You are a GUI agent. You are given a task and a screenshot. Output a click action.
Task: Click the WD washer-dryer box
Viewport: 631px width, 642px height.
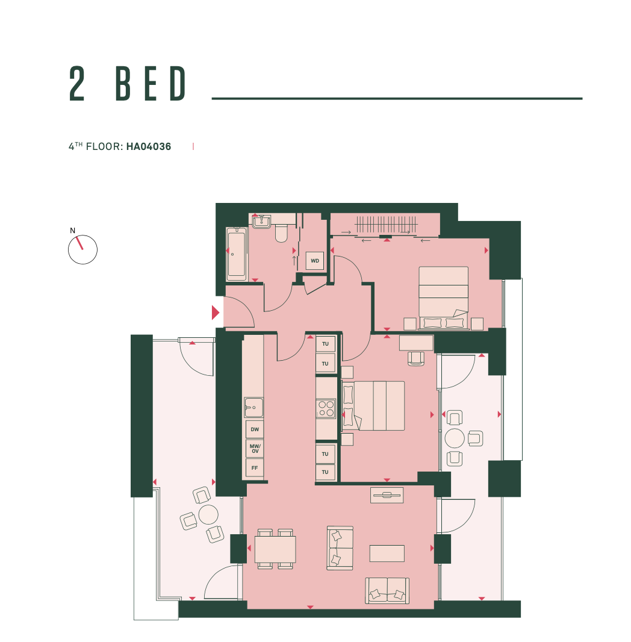click(x=315, y=261)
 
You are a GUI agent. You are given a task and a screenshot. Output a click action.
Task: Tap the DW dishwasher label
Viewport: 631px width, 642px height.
click(x=255, y=429)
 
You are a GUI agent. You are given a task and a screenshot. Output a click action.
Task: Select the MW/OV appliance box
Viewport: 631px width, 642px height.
click(x=255, y=449)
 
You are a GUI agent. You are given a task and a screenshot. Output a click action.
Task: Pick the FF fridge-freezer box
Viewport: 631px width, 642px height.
click(x=255, y=468)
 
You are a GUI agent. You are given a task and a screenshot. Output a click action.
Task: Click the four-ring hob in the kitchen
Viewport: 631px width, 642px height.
click(x=326, y=408)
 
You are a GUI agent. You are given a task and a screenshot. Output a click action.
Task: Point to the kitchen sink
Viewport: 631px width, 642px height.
click(x=253, y=407)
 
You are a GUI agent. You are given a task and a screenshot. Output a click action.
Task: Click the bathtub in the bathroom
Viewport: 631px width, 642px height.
click(x=237, y=254)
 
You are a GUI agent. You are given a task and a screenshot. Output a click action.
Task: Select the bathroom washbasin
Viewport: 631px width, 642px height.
click(x=261, y=222)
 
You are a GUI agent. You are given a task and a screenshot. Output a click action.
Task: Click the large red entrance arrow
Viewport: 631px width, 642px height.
click(x=215, y=313)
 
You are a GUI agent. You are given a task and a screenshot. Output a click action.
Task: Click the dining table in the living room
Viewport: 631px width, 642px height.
click(x=275, y=549)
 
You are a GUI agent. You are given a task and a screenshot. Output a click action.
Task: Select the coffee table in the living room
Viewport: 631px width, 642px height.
click(x=387, y=553)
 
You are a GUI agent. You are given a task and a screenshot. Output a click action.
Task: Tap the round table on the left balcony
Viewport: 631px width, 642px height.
click(x=208, y=515)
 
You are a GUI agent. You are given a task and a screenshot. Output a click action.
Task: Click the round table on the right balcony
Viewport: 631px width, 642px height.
click(x=455, y=438)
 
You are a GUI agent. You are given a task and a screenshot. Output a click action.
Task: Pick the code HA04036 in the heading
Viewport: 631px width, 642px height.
click(x=149, y=146)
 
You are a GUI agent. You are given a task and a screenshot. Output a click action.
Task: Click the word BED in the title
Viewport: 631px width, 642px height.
click(x=151, y=84)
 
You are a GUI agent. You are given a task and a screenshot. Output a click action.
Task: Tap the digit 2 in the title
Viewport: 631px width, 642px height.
click(x=77, y=84)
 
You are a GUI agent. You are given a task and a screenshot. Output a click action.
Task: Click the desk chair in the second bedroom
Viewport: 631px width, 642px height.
click(x=416, y=358)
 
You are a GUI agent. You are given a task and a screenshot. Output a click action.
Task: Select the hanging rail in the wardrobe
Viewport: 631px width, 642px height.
click(x=387, y=225)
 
